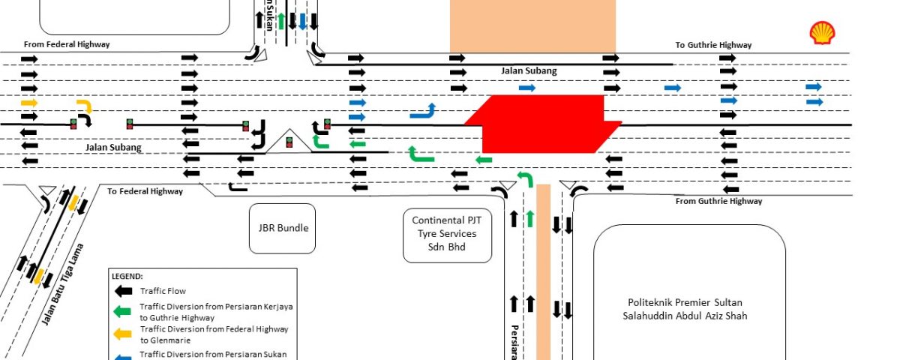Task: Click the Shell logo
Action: (822, 33)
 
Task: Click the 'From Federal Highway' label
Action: (67, 44)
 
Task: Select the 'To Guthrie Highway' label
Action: (713, 45)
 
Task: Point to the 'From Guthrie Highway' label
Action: (718, 201)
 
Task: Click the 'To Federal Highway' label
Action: (145, 191)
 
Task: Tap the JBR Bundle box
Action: (283, 228)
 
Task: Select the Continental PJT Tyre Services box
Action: (447, 232)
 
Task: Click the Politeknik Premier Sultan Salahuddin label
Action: (689, 309)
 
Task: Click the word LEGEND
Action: (127, 277)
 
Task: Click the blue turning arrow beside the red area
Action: (424, 112)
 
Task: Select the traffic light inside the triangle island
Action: (289, 142)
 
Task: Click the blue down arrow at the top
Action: (302, 20)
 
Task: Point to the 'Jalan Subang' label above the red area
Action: (529, 70)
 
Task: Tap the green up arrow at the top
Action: (281, 20)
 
